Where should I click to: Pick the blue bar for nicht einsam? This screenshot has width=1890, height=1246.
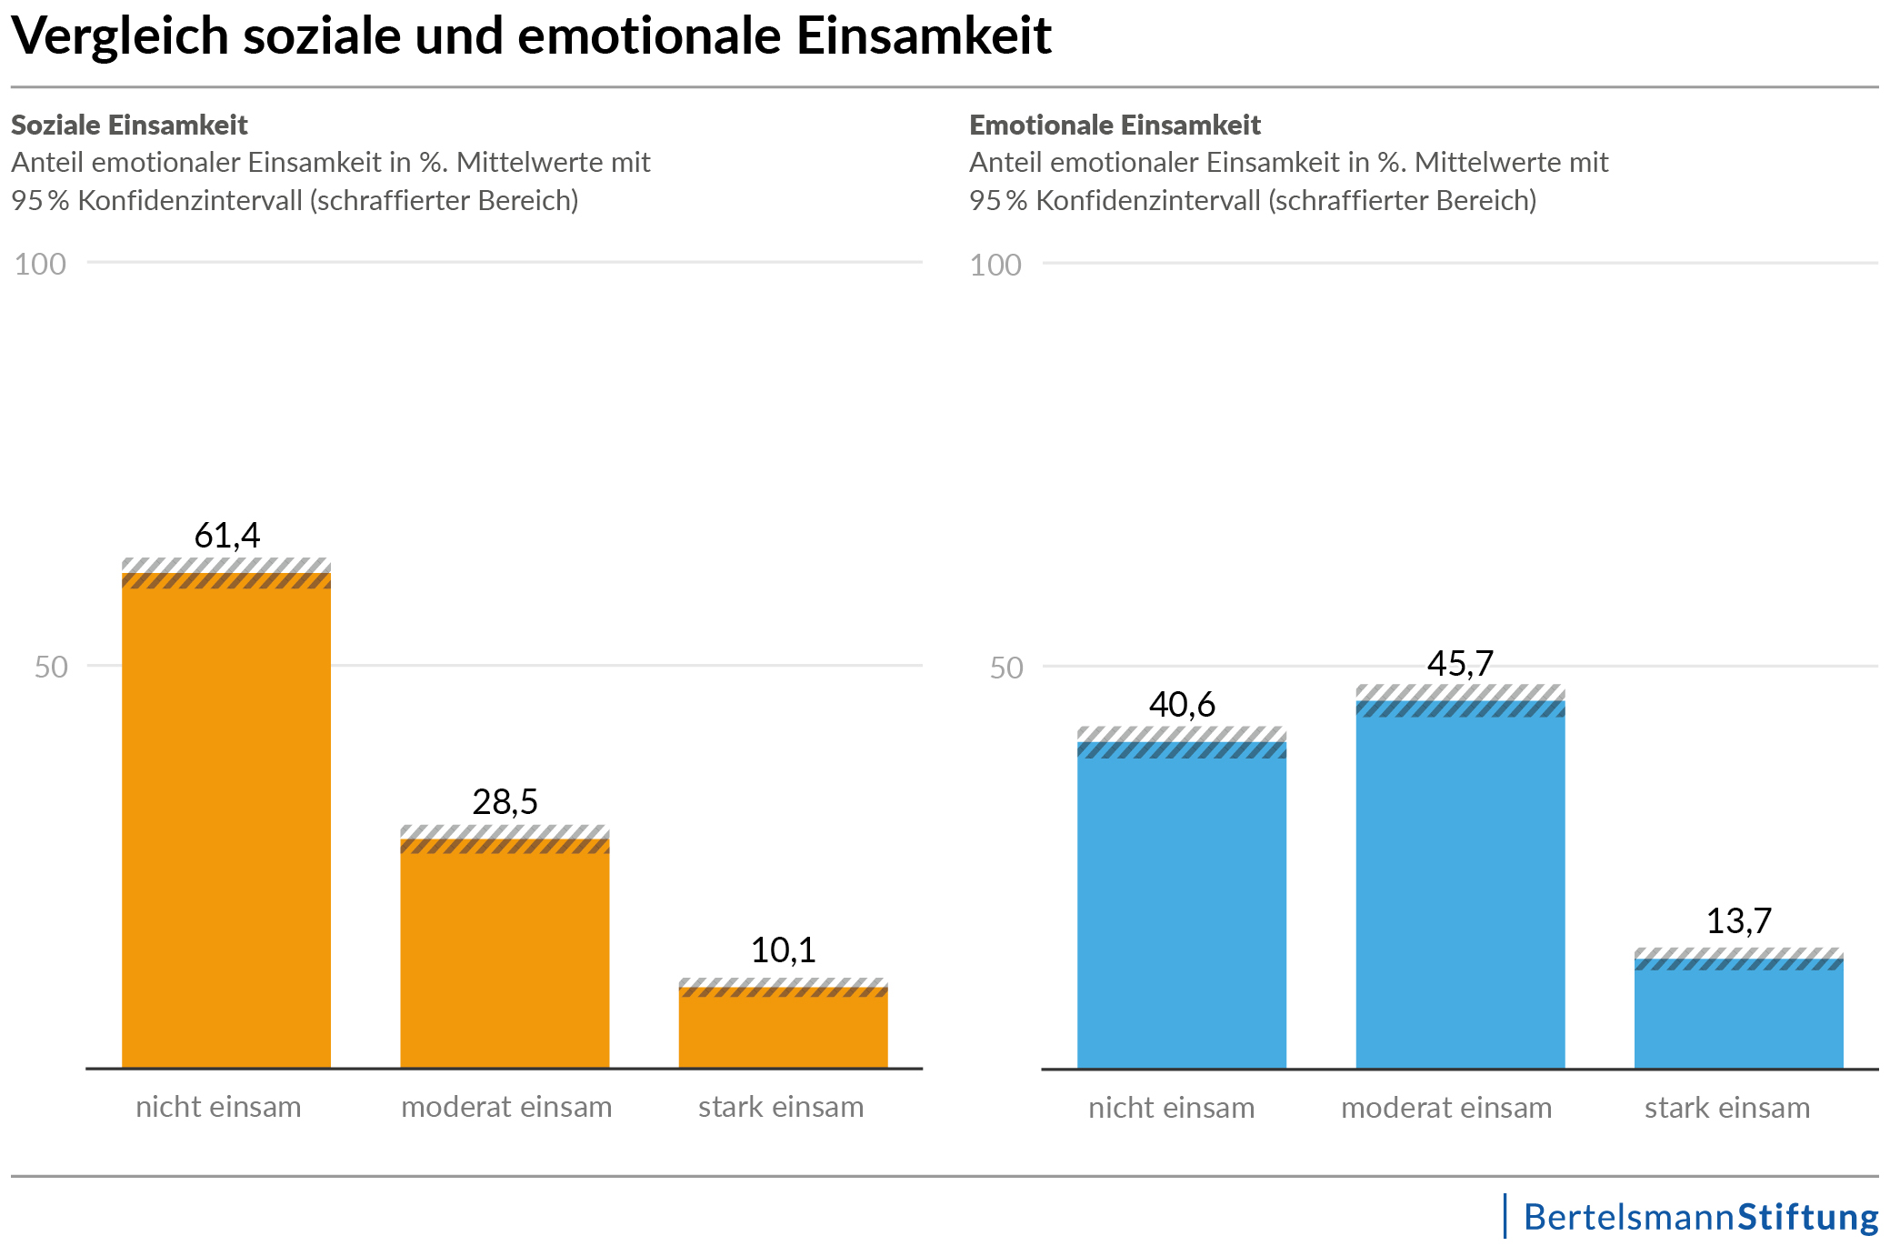point(1182,909)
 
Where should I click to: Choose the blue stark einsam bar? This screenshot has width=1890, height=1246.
point(1738,1019)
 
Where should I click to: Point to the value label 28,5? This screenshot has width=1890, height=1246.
point(505,802)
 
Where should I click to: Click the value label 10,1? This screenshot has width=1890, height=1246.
point(783,950)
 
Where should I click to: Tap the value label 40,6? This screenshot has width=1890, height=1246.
point(1182,705)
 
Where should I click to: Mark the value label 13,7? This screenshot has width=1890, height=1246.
point(1738,921)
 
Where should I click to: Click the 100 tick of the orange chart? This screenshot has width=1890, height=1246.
point(40,265)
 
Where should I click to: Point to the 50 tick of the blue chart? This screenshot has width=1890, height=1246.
point(1006,668)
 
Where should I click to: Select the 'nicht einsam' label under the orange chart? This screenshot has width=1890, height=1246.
point(218,1107)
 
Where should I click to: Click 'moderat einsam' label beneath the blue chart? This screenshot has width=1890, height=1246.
point(1446,1108)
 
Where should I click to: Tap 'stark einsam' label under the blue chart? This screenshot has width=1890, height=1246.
point(1727,1108)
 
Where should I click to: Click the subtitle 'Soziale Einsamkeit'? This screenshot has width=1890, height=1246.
point(129,125)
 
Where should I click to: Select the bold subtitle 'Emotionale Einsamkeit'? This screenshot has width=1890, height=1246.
point(1115,125)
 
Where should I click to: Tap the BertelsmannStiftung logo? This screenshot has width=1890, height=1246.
point(1700,1217)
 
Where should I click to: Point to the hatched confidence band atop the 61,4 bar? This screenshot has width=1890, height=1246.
point(226,574)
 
